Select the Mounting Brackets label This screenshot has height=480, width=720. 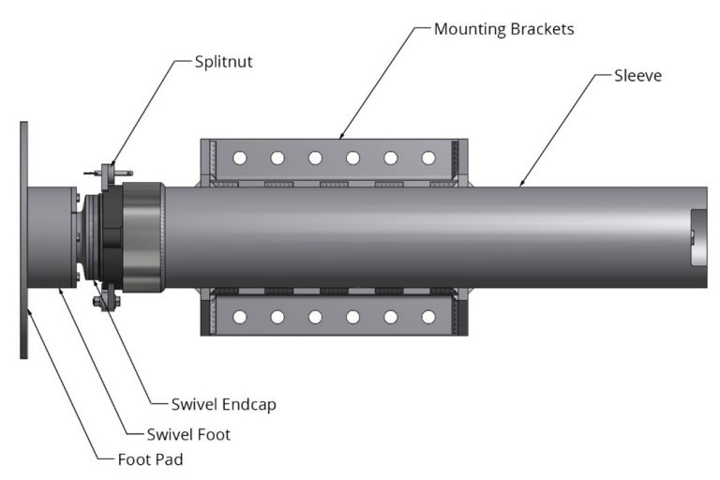pos(503,29)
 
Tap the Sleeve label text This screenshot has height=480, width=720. pos(637,75)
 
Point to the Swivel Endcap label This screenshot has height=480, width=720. pos(223,405)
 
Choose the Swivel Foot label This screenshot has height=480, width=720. pos(188,434)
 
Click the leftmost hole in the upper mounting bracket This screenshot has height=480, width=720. pos(240,157)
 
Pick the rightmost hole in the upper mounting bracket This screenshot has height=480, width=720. pos(428,157)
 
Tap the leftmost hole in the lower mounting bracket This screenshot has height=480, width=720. pos(240,317)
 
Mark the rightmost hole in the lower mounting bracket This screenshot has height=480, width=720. pos(428,317)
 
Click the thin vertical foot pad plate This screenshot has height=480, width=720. pos(24,239)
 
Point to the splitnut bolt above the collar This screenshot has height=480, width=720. pos(111,172)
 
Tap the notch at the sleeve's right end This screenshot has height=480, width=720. pos(695,238)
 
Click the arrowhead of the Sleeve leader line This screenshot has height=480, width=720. pos(520,185)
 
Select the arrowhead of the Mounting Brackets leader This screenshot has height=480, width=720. pos(339,138)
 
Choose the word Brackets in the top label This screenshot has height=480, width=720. pos(539,29)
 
